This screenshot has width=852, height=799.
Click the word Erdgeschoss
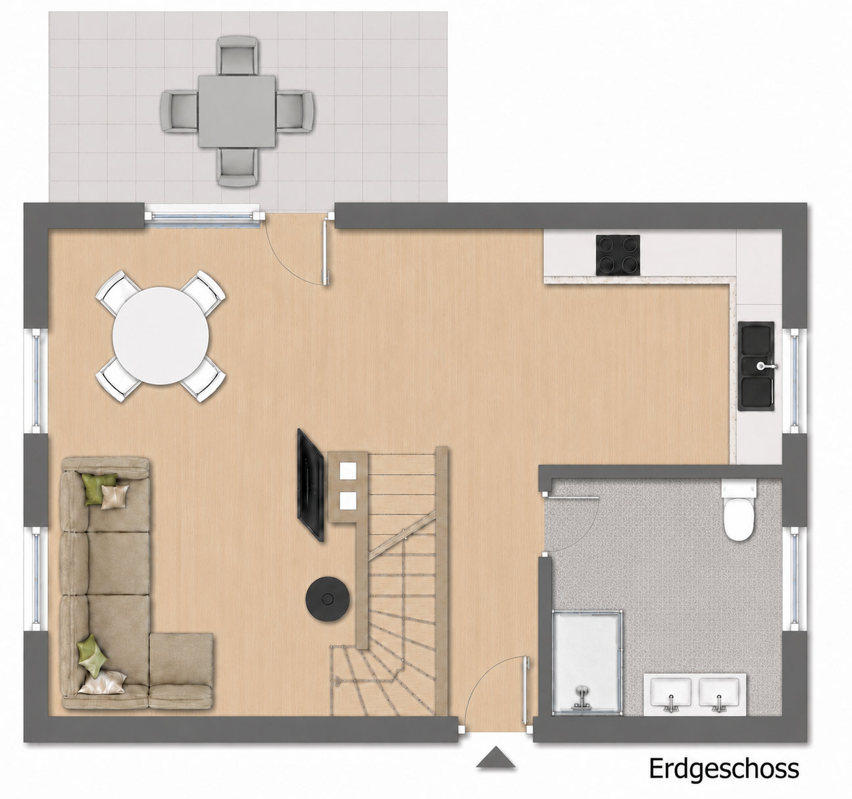coord(724,769)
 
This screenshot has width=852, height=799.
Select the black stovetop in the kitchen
coord(618,255)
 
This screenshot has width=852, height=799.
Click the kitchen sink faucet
coord(766,366)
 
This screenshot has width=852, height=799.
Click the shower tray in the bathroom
coord(587,660)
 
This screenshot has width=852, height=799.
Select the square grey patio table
coord(237,111)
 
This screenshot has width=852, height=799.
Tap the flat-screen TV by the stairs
coord(310,484)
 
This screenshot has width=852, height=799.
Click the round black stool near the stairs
coord(328,598)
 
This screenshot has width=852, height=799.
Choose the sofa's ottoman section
coord(181,670)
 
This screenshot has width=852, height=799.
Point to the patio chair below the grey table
coord(238,167)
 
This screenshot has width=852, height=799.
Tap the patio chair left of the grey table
coord(180,111)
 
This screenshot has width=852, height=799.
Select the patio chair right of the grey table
coord(295,111)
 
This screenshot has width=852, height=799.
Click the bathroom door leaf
coord(570,498)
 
